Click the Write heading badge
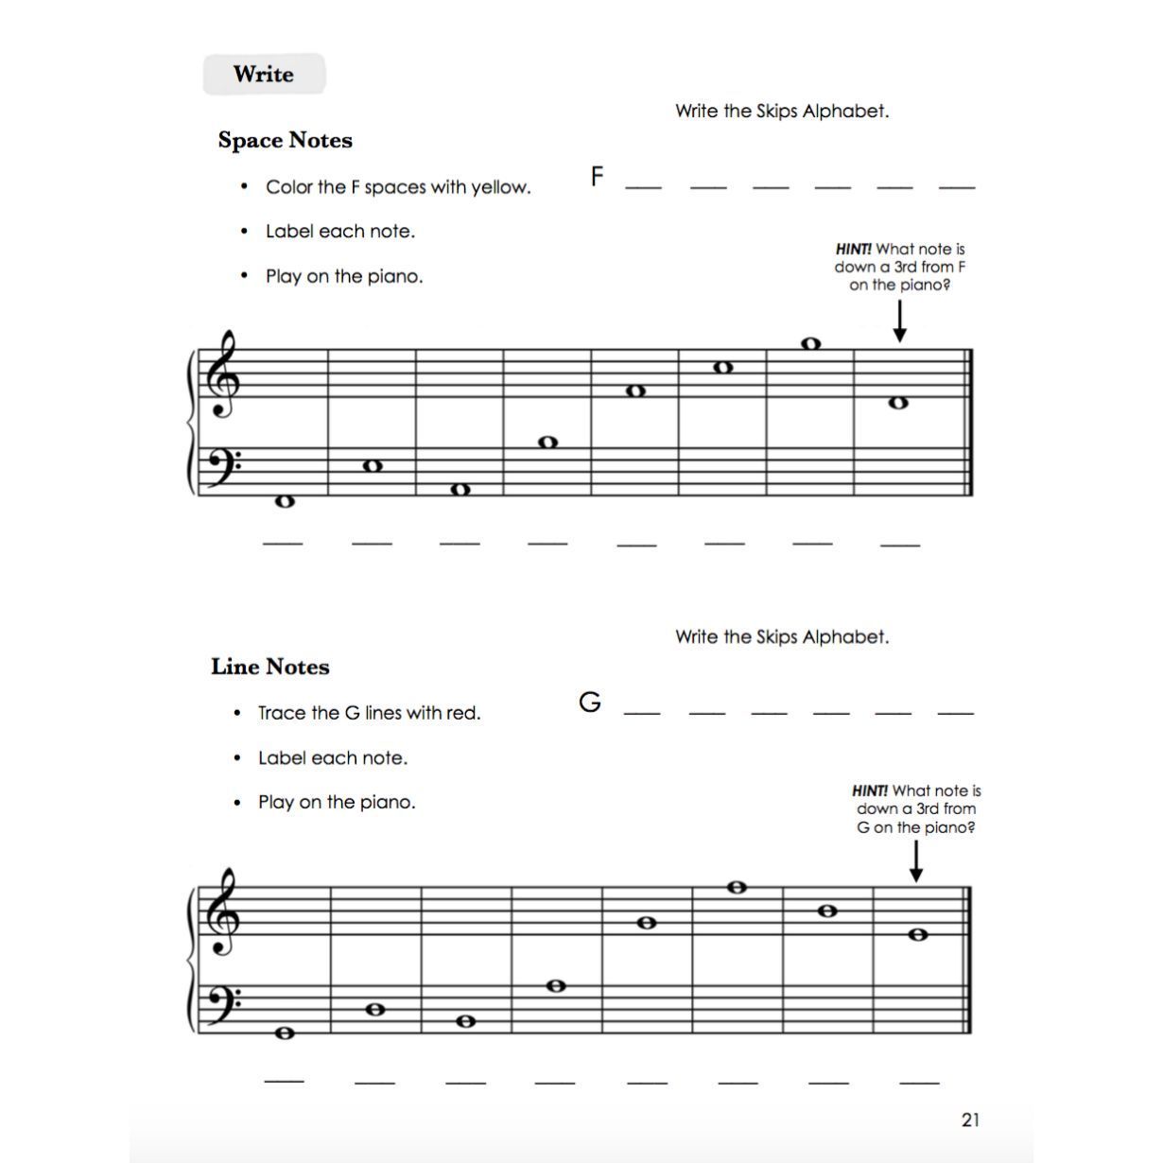(264, 75)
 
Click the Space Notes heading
(285, 140)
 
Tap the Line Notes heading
(270, 667)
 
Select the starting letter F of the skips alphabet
(597, 176)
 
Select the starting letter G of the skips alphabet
(590, 702)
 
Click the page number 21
(970, 1120)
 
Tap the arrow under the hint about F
(899, 321)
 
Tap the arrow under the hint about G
(915, 860)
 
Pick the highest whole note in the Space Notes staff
(810, 343)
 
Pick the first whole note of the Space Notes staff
(285, 501)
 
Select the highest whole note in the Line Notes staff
(738, 887)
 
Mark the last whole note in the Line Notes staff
(917, 934)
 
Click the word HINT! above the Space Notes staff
(853, 249)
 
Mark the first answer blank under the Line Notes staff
(284, 1079)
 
